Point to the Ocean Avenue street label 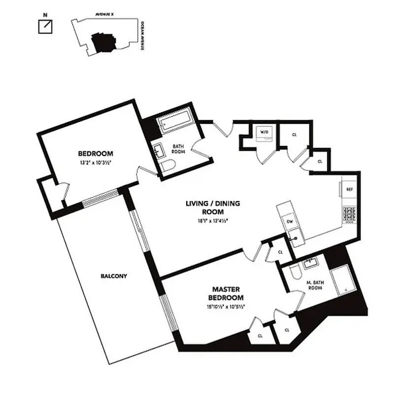142,36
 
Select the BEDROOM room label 96,153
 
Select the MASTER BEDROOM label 227,294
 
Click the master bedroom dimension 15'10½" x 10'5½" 227,306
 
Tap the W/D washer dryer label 264,132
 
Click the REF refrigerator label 350,189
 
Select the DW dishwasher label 290,222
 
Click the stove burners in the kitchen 349,214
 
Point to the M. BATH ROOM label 314,285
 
